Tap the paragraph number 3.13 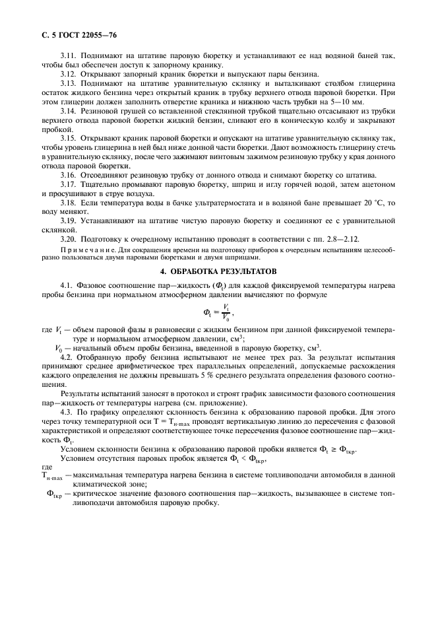[69, 85]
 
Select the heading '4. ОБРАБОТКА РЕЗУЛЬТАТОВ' [218, 270]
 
